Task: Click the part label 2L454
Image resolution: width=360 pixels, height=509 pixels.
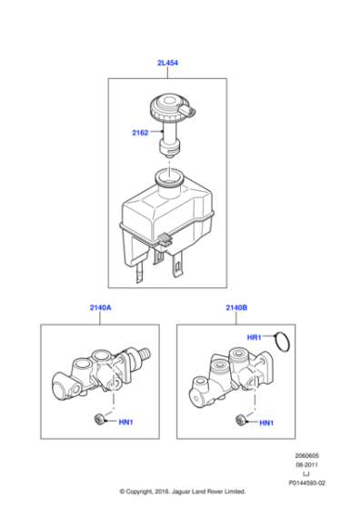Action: pos(167,63)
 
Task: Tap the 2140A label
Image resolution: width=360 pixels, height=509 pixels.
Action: pos(100,309)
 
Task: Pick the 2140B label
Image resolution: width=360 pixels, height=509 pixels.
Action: pos(235,309)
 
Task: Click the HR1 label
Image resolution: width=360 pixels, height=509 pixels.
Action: pos(255,337)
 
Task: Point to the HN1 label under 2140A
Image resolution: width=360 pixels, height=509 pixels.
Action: pos(128,422)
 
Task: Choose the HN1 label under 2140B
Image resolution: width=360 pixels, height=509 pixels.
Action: pos(266,423)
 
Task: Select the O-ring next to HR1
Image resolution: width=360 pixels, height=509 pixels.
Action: pos(284,342)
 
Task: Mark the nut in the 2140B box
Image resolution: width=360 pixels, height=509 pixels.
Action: pos(238,420)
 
